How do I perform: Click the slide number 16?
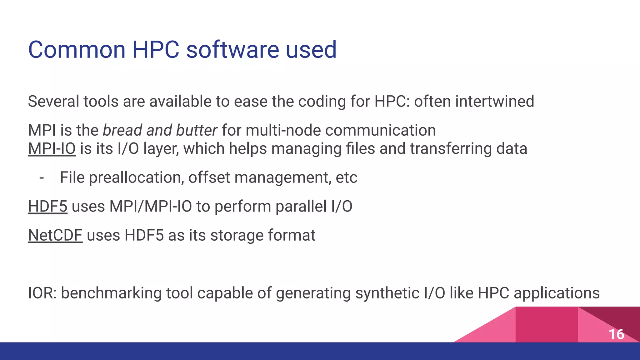tap(616, 334)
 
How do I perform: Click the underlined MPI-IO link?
tap(52, 148)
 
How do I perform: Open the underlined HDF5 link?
tap(47, 206)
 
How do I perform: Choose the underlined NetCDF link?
tap(55, 235)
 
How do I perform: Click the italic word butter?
tap(197, 130)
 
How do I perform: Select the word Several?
tap(53, 101)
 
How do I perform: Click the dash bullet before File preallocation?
tap(42, 177)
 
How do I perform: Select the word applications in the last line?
tap(557, 293)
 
